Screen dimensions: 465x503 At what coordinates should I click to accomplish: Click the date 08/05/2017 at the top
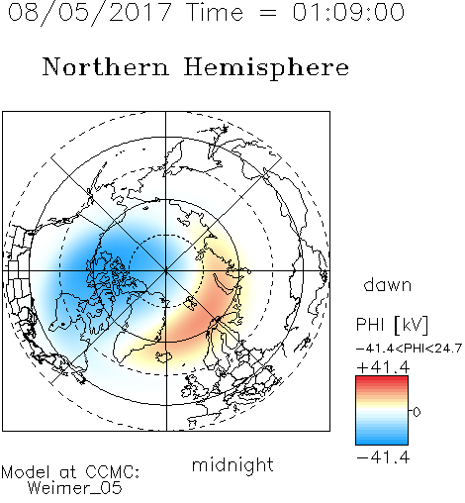[89, 13]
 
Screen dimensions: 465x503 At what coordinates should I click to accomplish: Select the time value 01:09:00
[348, 12]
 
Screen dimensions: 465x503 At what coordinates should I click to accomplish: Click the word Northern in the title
[106, 67]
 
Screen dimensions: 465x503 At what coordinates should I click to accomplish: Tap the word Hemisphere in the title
[266, 68]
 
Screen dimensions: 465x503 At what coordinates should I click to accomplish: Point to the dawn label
[388, 284]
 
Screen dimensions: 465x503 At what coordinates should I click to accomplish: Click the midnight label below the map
[232, 464]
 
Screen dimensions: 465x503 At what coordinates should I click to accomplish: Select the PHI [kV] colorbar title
[392, 325]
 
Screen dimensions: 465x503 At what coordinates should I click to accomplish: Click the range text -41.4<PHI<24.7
[409, 349]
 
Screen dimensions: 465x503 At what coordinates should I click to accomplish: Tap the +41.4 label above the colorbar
[383, 367]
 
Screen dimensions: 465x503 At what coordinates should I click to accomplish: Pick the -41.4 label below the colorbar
[383, 457]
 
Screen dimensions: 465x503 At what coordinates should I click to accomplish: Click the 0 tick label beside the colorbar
[417, 412]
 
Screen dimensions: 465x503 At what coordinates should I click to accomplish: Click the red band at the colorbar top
[382, 379]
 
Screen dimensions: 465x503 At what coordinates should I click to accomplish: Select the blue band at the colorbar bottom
[382, 441]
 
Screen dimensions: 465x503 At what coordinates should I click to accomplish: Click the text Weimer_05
[75, 487]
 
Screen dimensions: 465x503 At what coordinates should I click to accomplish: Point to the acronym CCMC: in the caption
[113, 472]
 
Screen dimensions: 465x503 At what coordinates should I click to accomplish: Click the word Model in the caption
[26, 472]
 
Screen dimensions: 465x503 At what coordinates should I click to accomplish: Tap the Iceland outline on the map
[164, 356]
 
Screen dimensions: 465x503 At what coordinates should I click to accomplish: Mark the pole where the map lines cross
[166, 270]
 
